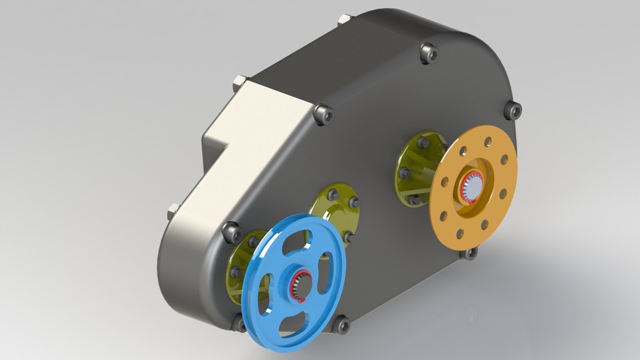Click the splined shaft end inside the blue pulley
coord(299,285)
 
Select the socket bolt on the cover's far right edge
coord(512,110)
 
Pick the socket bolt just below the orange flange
coord(470,253)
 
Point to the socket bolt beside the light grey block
coord(323,115)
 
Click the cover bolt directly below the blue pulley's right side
coord(341,325)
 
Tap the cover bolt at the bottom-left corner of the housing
coord(239,323)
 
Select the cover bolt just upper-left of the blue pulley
coord(232,233)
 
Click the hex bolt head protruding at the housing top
coord(344,19)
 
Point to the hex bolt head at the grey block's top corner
coord(239,85)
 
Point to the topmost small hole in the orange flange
coord(488,142)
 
